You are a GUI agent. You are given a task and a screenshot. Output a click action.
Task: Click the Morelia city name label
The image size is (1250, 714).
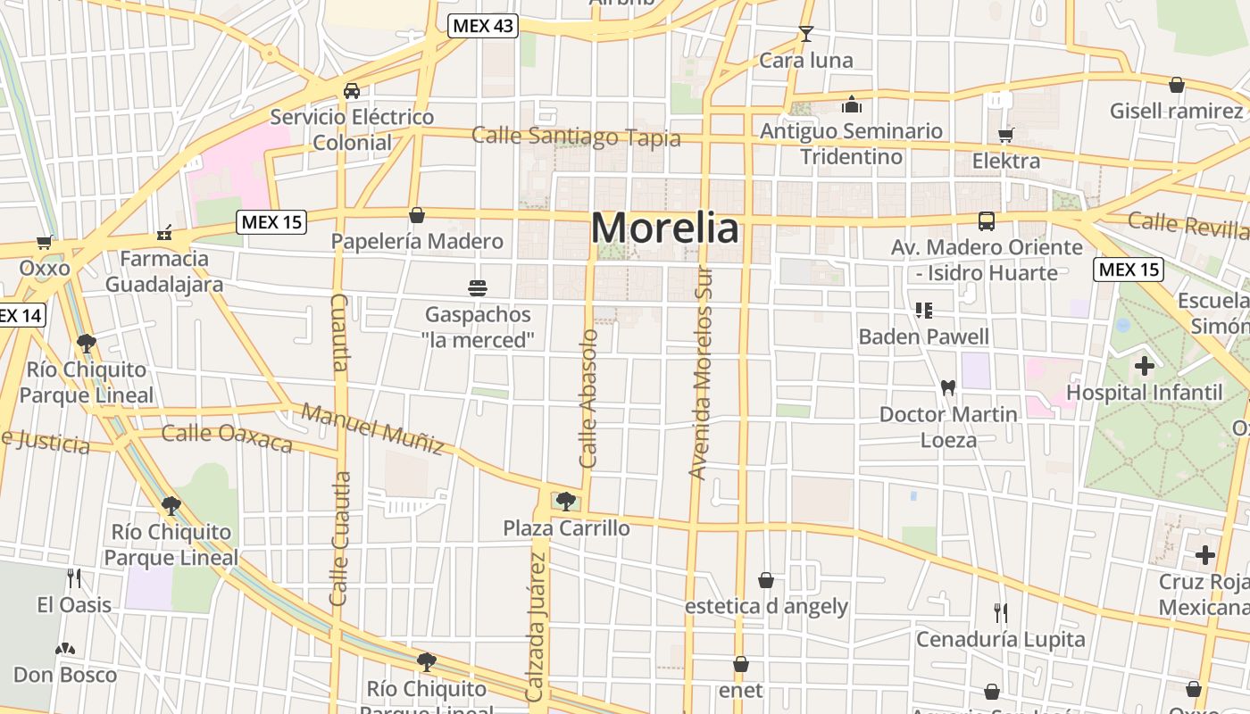[665, 228]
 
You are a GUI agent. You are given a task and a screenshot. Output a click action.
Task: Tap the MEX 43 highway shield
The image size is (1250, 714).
[482, 26]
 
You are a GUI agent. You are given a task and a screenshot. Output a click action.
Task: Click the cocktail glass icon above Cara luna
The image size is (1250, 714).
[806, 35]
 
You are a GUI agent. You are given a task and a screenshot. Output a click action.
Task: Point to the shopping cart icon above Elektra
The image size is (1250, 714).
[1006, 136]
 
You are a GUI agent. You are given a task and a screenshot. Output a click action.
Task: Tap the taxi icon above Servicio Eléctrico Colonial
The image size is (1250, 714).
[352, 91]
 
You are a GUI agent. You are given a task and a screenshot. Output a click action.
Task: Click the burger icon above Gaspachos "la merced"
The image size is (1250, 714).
[478, 288]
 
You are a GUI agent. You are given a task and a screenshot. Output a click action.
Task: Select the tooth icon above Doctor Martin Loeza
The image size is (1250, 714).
[948, 388]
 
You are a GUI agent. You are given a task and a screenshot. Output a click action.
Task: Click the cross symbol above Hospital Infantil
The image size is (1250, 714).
[1145, 366]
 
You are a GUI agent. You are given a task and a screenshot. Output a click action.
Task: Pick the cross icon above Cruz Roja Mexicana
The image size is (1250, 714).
[1205, 555]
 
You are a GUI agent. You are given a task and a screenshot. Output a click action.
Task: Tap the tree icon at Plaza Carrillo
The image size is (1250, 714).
[565, 502]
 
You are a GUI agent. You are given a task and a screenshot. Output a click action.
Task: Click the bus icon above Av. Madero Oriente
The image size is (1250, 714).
[987, 221]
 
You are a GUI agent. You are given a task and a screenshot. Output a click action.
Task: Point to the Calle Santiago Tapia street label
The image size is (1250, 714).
[576, 137]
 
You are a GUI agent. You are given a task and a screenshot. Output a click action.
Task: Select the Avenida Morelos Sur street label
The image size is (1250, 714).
[702, 373]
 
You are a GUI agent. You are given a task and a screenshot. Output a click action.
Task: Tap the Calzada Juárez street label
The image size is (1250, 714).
[536, 627]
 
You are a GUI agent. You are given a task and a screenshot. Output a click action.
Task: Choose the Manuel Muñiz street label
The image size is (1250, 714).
[372, 428]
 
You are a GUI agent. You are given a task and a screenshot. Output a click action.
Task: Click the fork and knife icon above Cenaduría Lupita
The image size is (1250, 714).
[1001, 613]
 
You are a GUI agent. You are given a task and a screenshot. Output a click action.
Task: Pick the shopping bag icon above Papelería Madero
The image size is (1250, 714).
[417, 215]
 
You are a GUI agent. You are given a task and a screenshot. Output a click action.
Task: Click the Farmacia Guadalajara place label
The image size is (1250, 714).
[164, 271]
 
